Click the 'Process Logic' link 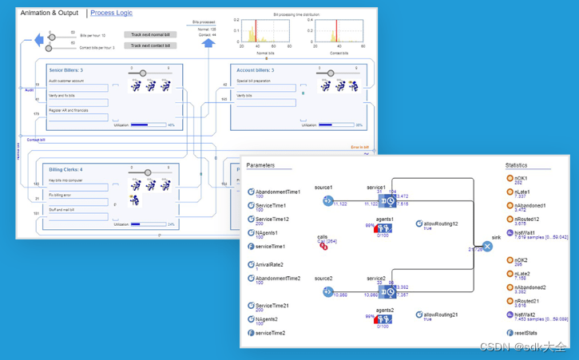coord(111,13)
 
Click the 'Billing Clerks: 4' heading coord(65,169)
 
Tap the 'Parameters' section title coord(260,166)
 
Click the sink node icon coord(487,247)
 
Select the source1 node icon coord(327,201)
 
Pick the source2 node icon coord(327,292)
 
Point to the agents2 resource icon coord(385,320)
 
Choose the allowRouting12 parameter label coord(441,224)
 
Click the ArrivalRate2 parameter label coord(269,264)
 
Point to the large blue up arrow coord(208,43)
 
